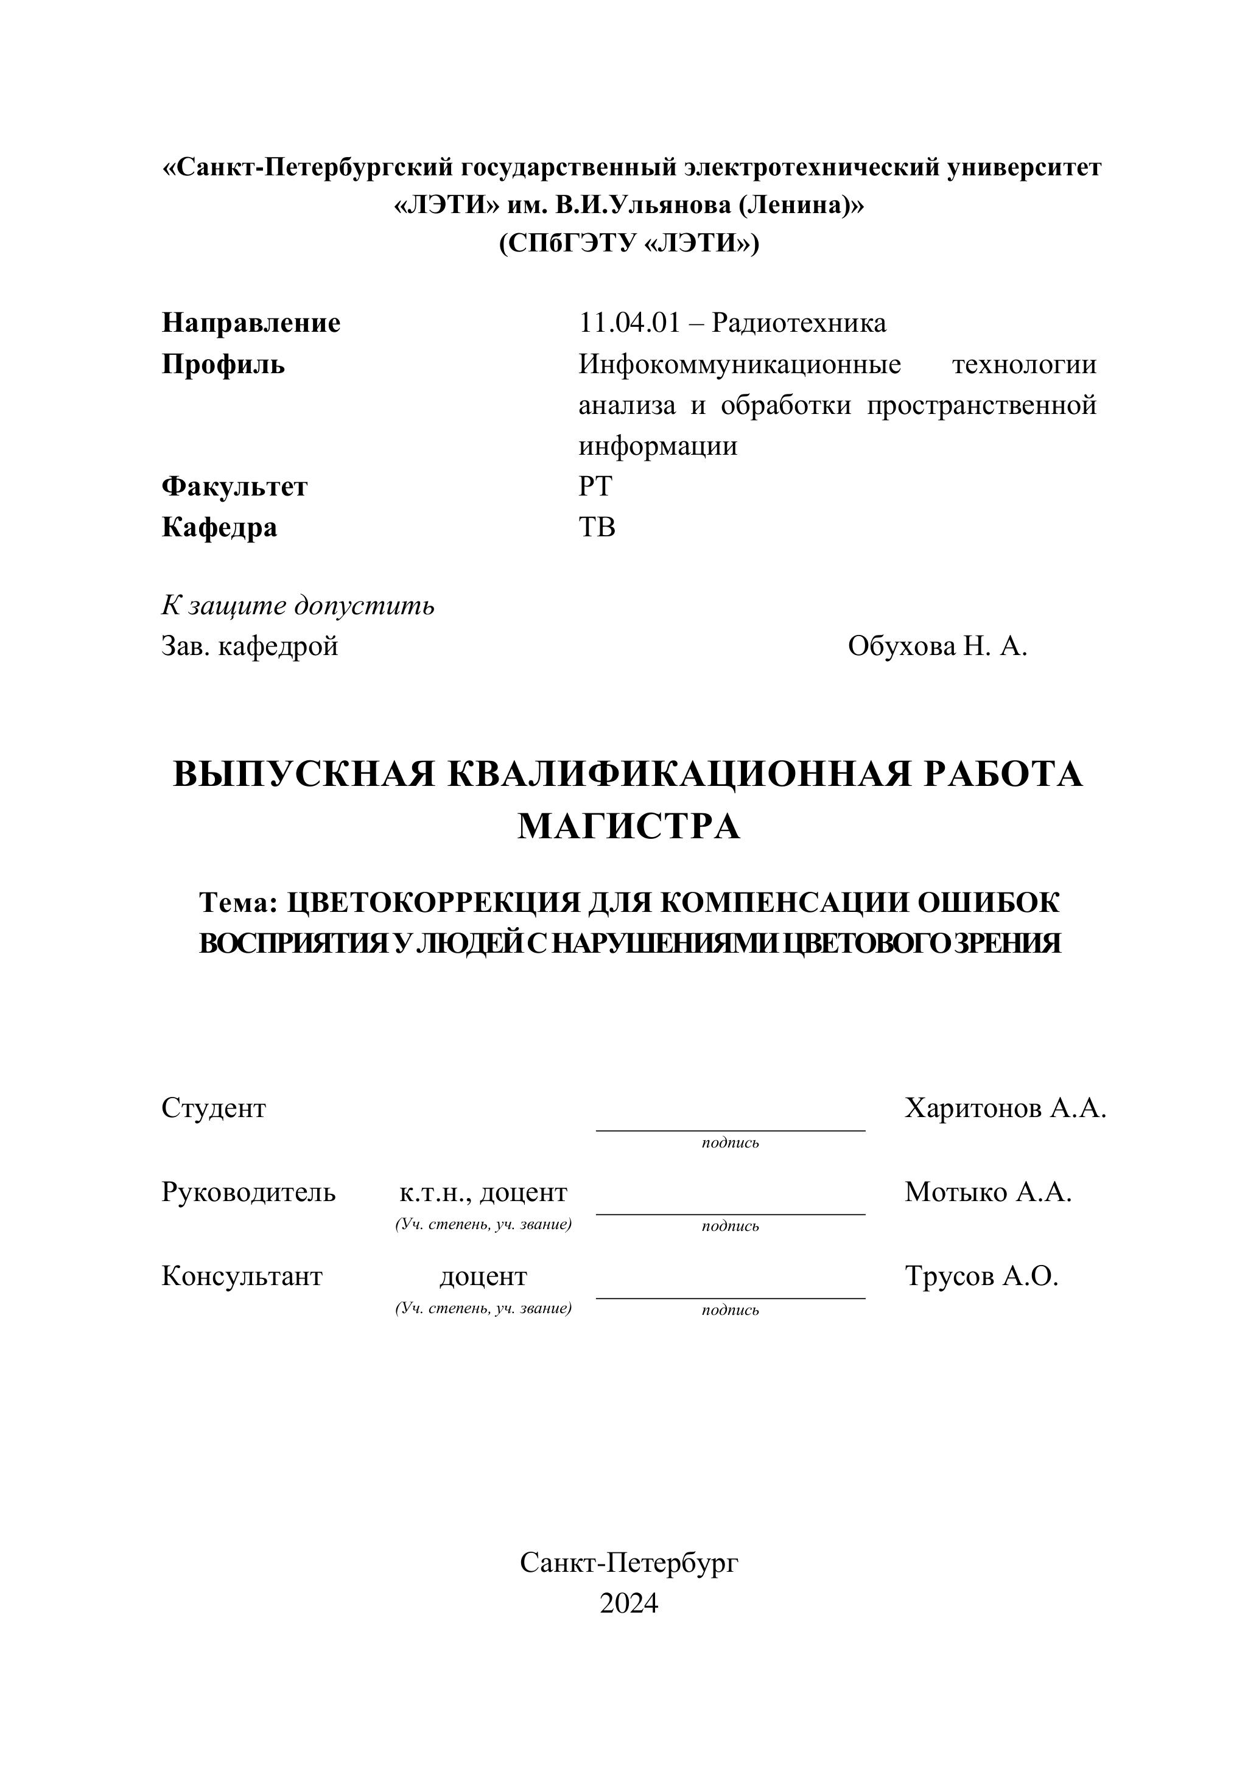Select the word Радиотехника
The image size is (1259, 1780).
(x=799, y=323)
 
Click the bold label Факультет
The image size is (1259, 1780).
(x=234, y=487)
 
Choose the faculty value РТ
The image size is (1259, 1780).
(x=595, y=487)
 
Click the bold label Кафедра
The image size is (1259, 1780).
(x=219, y=528)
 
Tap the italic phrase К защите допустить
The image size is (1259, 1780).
(x=298, y=606)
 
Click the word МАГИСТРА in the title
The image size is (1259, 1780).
(x=629, y=827)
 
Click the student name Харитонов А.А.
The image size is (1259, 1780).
(x=1005, y=1109)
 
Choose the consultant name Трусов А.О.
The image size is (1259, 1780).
(x=981, y=1275)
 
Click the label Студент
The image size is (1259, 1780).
(x=213, y=1109)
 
